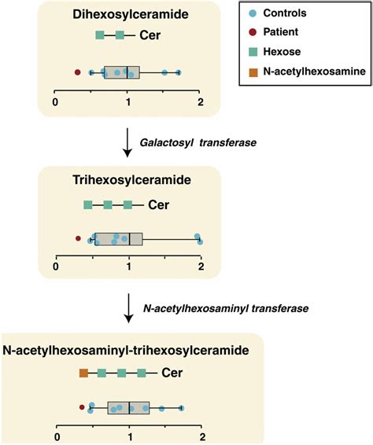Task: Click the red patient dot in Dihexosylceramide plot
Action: point(77,72)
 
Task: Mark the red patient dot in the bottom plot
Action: point(83,407)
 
